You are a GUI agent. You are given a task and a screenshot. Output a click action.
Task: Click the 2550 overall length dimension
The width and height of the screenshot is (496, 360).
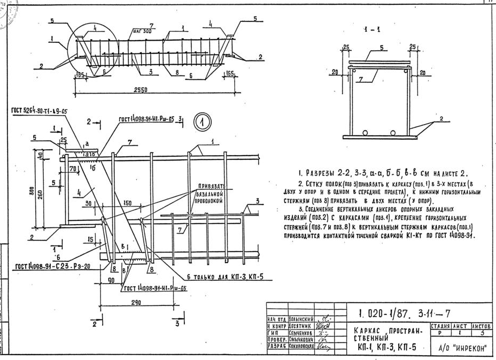(141, 89)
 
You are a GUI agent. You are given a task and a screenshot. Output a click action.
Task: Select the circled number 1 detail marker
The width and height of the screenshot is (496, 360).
(202, 123)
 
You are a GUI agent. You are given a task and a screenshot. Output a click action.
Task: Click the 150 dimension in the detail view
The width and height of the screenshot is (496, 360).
(127, 204)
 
